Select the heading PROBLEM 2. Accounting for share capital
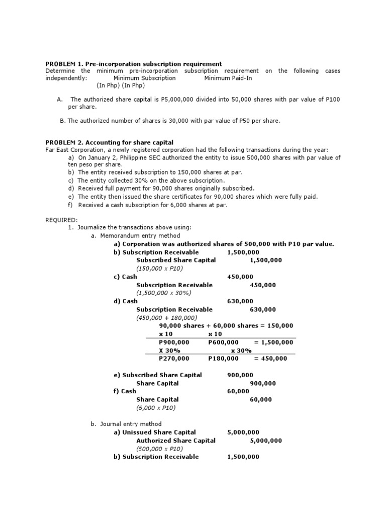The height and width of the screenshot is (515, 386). [109, 143]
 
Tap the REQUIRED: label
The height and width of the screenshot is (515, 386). [62, 220]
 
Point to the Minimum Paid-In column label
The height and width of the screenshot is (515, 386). [228, 78]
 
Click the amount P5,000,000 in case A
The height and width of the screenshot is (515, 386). [179, 100]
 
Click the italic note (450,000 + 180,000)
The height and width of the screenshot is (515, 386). [166, 318]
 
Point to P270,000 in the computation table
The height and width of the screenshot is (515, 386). [174, 359]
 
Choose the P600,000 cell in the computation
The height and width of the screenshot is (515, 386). [223, 342]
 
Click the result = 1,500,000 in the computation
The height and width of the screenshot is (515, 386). [273, 342]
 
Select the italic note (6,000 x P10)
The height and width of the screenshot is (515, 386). [156, 408]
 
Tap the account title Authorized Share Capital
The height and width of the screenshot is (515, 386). [176, 441]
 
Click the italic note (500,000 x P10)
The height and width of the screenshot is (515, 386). [159, 449]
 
